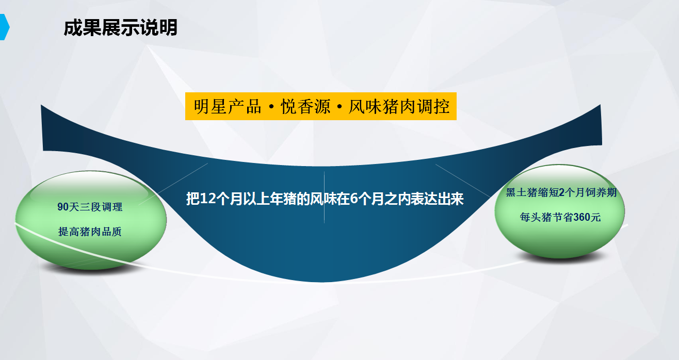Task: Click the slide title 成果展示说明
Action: (x=120, y=28)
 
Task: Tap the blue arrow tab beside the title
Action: (x=5, y=27)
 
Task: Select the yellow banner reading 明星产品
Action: (x=321, y=106)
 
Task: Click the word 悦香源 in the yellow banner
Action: (x=305, y=107)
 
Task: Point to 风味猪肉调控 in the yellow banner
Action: (x=399, y=107)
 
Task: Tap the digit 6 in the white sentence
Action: (x=354, y=199)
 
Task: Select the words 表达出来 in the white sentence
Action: (x=437, y=199)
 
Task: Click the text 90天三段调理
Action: (x=90, y=207)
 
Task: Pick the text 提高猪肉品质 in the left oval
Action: (x=90, y=232)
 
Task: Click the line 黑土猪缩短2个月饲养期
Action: (x=561, y=192)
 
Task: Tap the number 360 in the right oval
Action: (x=581, y=217)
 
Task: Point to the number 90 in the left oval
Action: (x=63, y=207)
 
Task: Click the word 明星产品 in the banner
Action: (x=228, y=107)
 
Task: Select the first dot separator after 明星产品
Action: (x=271, y=107)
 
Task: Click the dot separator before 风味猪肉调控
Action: (x=339, y=107)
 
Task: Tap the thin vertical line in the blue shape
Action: (x=325, y=197)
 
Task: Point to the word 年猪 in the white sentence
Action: (x=277, y=199)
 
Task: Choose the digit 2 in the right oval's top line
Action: (x=561, y=192)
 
